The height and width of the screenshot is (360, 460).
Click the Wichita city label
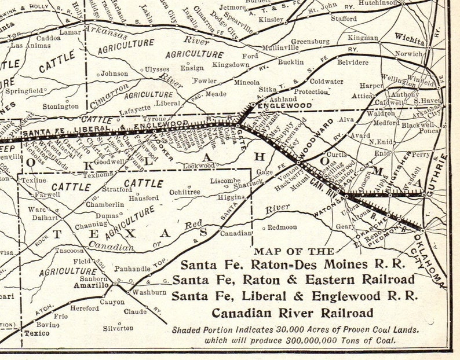tap(410, 35)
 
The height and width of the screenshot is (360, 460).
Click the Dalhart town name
tap(44, 218)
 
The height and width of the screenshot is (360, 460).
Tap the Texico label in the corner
tap(37, 333)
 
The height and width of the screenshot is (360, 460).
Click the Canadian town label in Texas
tap(236, 234)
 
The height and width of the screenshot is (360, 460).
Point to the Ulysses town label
tap(156, 69)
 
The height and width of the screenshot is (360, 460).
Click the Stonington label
tap(60, 106)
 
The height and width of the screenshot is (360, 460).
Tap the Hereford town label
tap(85, 308)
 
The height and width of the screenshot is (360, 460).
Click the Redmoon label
tap(282, 227)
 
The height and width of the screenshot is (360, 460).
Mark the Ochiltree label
tap(185, 192)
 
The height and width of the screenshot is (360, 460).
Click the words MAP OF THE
tap(294, 251)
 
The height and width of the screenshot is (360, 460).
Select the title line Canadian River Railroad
tap(292, 313)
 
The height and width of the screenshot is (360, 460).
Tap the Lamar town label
tap(70, 32)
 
